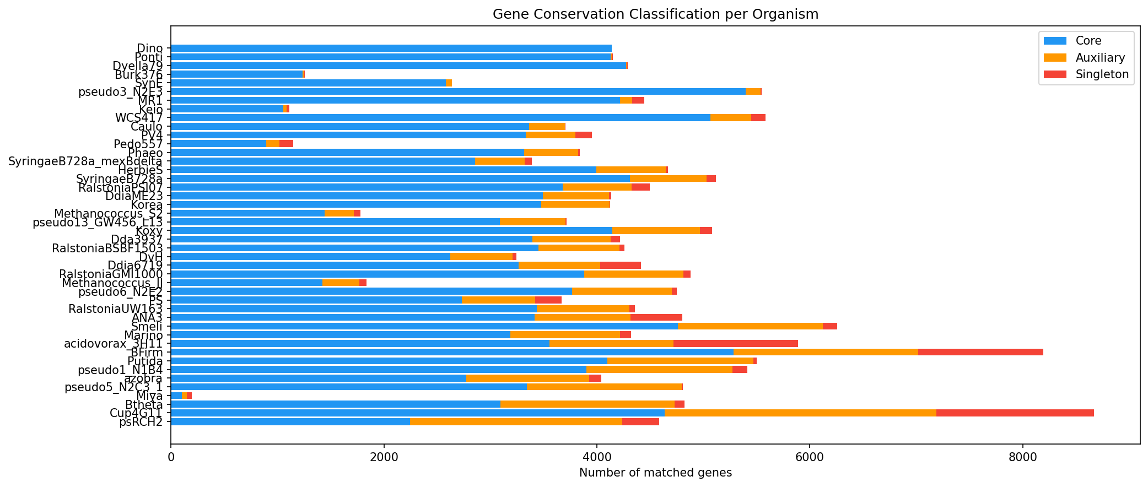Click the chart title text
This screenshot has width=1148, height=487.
coord(655,14)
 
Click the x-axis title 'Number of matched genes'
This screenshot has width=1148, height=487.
coord(655,473)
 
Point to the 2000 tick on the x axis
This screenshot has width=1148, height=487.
coord(384,457)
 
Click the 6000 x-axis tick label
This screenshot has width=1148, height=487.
coord(809,457)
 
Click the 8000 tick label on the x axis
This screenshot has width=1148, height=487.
coord(1022,457)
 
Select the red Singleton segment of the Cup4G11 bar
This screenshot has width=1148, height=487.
coord(1015,413)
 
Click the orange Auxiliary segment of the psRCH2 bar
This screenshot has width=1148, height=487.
coord(516,422)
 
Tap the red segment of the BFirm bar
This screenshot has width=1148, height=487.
coord(980,353)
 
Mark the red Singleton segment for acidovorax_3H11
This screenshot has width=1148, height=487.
coord(735,344)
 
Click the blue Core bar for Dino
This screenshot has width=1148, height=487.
coord(391,48)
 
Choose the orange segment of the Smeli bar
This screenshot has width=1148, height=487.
coord(750,326)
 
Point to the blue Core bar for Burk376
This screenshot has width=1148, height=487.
coord(237,74)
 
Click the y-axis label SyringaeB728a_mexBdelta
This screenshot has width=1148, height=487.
coord(85,161)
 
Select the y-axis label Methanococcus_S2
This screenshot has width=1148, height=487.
coord(109,213)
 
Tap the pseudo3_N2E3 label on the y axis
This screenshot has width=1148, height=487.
coord(121,92)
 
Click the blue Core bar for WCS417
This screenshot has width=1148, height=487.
coord(440,118)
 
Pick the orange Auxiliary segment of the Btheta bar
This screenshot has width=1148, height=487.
coord(587,404)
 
